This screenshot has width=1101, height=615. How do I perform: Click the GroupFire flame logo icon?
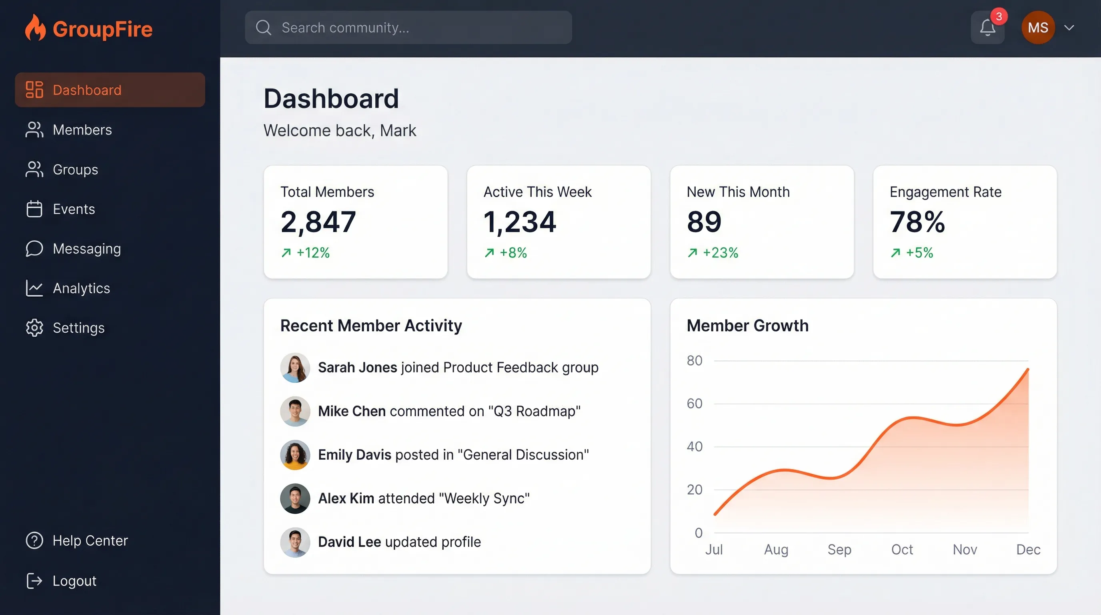click(x=35, y=28)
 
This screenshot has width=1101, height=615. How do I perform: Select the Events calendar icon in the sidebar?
click(x=34, y=209)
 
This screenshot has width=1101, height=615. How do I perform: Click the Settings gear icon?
click(x=34, y=328)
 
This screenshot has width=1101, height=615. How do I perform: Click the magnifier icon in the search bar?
click(x=263, y=27)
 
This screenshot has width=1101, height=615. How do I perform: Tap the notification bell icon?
click(x=987, y=28)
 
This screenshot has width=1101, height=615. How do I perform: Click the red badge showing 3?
click(x=999, y=16)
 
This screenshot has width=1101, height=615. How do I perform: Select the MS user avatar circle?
click(x=1038, y=27)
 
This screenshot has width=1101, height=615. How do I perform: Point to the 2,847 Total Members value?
click(x=318, y=222)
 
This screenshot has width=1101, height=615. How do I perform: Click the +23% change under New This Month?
click(x=720, y=253)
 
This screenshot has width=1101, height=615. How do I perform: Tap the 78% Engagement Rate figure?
click(x=917, y=222)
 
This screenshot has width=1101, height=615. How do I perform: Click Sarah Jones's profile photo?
click(x=295, y=368)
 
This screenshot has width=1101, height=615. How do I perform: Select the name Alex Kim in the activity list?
click(x=346, y=498)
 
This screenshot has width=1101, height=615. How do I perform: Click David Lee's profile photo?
click(x=295, y=542)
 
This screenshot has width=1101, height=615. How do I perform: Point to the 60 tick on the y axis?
click(x=694, y=403)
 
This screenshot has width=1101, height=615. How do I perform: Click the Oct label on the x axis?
click(x=902, y=549)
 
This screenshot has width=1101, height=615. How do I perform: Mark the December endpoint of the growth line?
click(x=1027, y=369)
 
